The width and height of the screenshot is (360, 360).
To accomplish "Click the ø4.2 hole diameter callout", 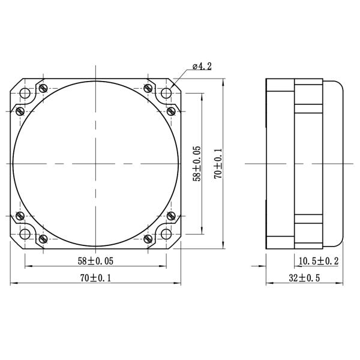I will pos(202,67).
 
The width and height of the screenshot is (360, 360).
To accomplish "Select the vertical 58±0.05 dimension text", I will pos(196,163).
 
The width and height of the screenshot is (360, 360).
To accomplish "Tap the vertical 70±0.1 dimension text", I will pos(218,163).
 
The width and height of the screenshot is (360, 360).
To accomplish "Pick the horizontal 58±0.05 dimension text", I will pos(95,261).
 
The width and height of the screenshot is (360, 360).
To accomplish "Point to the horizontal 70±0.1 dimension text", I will pos(95,278).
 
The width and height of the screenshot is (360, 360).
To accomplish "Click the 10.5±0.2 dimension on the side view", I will pos(319,261).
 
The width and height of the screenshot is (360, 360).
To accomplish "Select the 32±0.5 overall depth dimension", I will pos(304,278).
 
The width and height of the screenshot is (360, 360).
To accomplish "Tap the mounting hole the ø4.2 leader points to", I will pos(166,93).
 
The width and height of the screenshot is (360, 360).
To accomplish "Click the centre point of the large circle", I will pos(95,163).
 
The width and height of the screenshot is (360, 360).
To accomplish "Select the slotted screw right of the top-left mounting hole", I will pos(43,88).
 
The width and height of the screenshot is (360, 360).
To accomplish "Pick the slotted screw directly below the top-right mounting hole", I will pos(171,110).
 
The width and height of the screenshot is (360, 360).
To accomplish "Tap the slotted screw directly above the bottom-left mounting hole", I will pos(20,216).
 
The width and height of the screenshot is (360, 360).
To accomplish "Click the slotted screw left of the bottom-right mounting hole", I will pos(148,239).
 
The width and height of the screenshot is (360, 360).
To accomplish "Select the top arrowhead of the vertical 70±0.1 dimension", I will pos(224,79).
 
